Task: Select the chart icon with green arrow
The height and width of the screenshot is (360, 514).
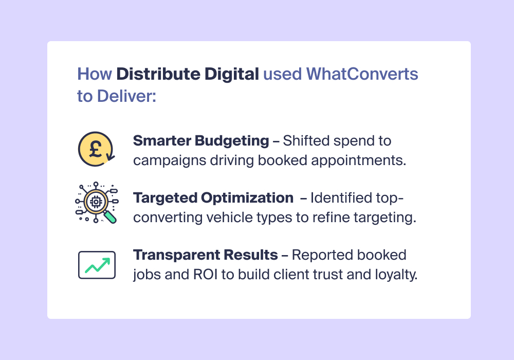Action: click(97, 265)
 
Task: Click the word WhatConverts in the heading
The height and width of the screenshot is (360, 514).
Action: click(362, 74)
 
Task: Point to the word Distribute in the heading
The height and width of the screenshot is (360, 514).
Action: click(158, 74)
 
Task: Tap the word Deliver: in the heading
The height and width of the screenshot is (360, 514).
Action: click(126, 96)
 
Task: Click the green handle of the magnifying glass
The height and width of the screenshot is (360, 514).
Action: click(111, 218)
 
